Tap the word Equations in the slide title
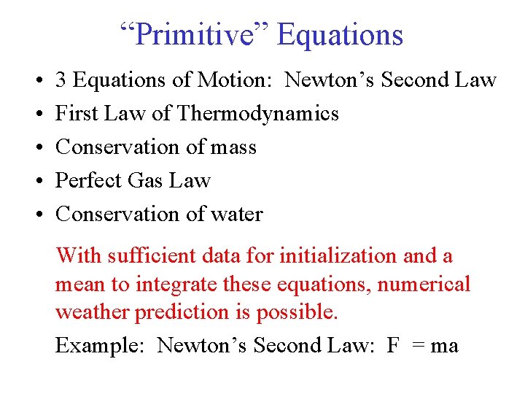[340, 34]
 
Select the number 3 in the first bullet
[62, 80]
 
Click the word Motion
[238, 80]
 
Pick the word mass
[233, 147]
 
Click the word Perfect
[88, 181]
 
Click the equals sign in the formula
[419, 346]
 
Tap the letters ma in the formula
[444, 346]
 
